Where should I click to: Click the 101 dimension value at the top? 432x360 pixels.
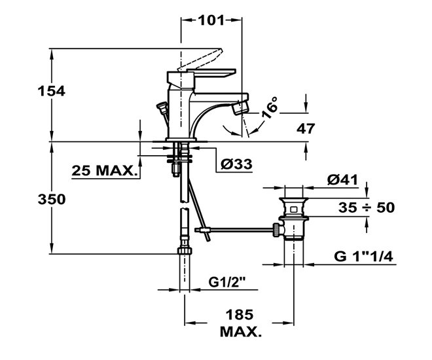pos(211,20)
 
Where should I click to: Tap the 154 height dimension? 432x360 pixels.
pos(52,91)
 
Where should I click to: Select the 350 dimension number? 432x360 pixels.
pos(52,199)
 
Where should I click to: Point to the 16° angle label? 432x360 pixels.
pos(270,107)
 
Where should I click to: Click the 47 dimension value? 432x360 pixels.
pos(306,128)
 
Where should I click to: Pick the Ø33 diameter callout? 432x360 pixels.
pos(236,164)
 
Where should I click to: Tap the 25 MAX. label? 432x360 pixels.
pos(105,171)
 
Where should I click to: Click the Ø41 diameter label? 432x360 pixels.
pos(342,180)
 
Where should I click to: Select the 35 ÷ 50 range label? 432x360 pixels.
pos(367,207)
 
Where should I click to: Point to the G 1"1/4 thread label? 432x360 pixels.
pos(364,257)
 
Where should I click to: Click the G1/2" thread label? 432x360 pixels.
pos(227,282)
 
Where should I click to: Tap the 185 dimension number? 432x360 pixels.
pos(240,315)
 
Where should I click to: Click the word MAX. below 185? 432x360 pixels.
pos(241,332)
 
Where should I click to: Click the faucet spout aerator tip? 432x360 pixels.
pos(239,109)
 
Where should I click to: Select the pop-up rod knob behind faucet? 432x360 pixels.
pos(162,106)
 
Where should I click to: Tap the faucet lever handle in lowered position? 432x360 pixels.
pos(211,73)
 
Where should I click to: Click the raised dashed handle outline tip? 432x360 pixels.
pos(220,50)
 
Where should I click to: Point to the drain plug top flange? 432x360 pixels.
pos(293,200)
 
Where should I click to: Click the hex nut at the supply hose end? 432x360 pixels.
pos(185,251)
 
